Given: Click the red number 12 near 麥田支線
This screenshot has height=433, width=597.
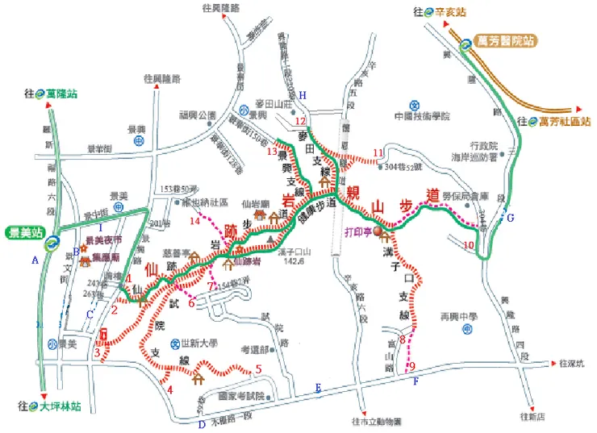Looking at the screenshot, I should click(300, 121).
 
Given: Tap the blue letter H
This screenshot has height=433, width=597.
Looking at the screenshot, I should click(303, 95).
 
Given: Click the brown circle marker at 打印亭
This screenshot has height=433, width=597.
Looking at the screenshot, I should click(383, 231).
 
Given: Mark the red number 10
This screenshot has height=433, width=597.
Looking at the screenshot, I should click(470, 244).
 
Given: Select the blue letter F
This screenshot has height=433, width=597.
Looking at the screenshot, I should click(415, 381).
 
